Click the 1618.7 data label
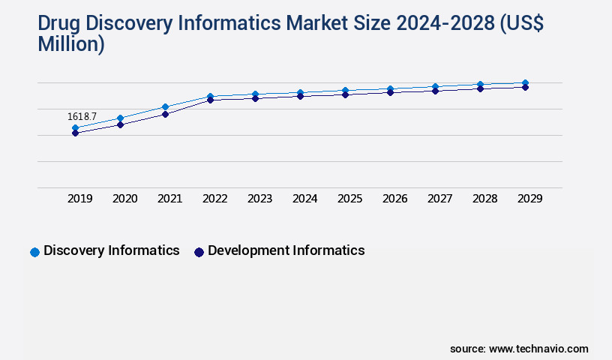pos(82,117)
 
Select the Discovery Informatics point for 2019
pos(75,128)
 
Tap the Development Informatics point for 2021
pos(165,114)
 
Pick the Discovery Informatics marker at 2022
pos(210,96)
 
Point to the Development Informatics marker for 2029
pos(525,88)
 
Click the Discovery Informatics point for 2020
pos(120,118)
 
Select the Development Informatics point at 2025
pos(345,94)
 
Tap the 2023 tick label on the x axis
pos(259,199)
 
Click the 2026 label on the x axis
pos(394,199)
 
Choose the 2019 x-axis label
pos(79,199)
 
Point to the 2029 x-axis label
pos(529,199)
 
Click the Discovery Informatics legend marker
pos(34,252)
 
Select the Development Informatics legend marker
pos(199,252)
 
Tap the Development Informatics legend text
pos(286,250)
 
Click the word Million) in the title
pos(70,44)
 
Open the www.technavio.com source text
pos(538,349)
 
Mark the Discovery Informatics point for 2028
pos(480,85)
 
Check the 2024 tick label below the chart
pos(304,199)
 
